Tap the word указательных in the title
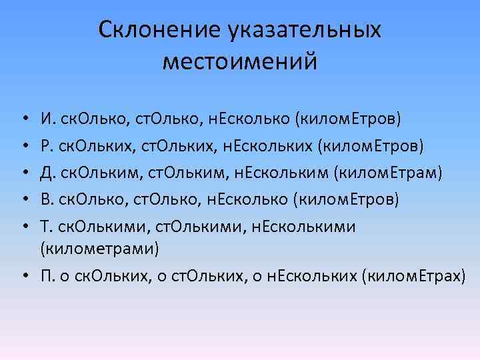click(x=306, y=30)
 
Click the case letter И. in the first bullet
click(x=47, y=120)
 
